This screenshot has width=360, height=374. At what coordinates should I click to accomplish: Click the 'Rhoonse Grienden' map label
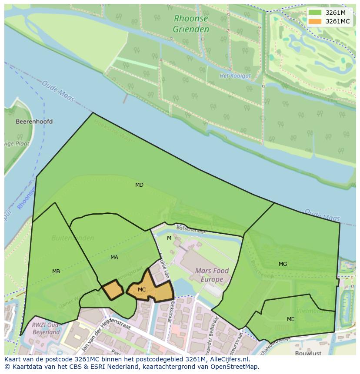191,24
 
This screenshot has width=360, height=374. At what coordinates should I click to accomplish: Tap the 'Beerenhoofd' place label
34,122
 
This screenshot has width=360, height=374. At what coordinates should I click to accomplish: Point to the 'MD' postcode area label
139,185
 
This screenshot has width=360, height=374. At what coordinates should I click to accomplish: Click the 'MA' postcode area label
114,258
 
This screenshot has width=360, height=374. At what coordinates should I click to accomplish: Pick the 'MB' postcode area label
56,271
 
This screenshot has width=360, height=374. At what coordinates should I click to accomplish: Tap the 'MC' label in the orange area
142,290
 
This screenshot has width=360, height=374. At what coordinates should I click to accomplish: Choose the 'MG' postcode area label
283,264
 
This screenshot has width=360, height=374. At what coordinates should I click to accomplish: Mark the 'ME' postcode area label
290,319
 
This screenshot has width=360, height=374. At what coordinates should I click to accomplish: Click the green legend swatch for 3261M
315,13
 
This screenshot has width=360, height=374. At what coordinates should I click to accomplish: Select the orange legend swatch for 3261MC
315,21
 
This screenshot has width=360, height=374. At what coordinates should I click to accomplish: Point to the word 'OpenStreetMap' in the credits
237,367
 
